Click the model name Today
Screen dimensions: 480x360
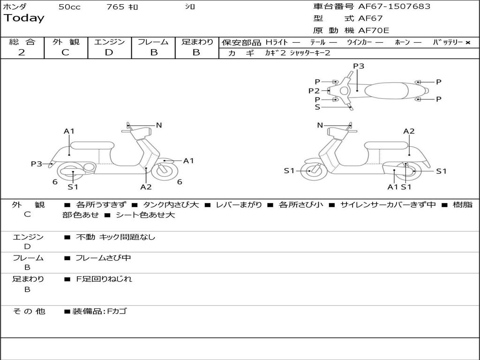click(24, 18)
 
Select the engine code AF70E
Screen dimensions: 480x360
click(374, 31)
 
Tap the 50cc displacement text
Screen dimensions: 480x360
click(69, 7)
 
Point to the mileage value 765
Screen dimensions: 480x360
click(115, 7)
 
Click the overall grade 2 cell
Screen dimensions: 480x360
click(22, 52)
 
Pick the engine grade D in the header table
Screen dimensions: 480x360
click(109, 52)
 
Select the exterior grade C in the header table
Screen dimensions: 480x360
click(65, 52)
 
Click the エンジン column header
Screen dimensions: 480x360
click(109, 42)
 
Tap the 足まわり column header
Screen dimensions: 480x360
click(197, 42)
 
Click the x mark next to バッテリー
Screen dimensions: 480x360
click(468, 43)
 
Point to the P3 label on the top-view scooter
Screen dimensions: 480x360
click(359, 66)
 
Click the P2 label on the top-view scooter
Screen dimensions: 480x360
click(314, 91)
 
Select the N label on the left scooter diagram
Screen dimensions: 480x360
click(159, 125)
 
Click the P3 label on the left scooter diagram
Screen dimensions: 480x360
click(36, 164)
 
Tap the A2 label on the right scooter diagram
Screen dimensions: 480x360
click(409, 131)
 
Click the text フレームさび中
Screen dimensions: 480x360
click(103, 258)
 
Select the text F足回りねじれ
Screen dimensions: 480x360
click(104, 279)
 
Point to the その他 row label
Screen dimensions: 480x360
click(29, 311)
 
